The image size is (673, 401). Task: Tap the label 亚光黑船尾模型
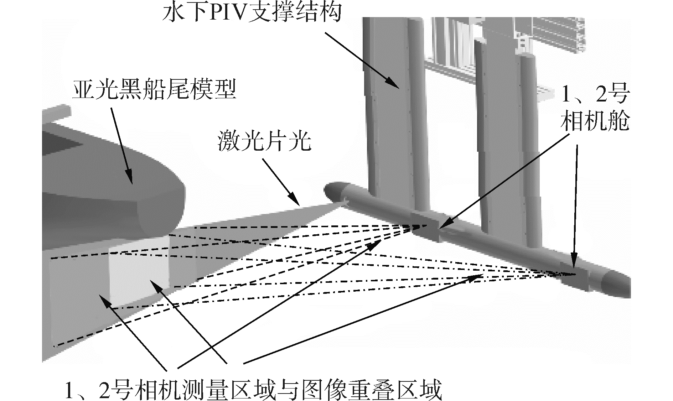[154, 88]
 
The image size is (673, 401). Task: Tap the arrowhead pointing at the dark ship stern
[131, 180]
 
